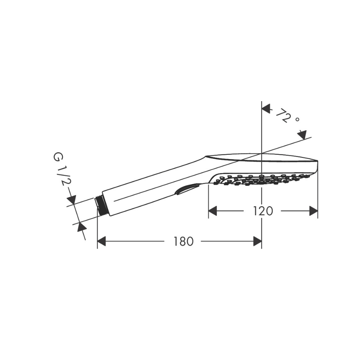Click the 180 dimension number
pyautogui.click(x=183, y=241)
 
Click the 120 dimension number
pyautogui.click(x=263, y=211)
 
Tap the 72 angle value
pyautogui.click(x=284, y=115)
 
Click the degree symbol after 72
pyautogui.click(x=298, y=120)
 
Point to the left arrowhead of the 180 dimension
pyautogui.click(x=102, y=241)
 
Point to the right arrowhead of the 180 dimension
pyautogui.click(x=257, y=241)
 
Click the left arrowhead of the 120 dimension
pyautogui.click(x=213, y=211)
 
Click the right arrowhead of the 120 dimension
pyautogui.click(x=314, y=211)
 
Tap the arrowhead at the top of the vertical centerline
pyautogui.click(x=266, y=109)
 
